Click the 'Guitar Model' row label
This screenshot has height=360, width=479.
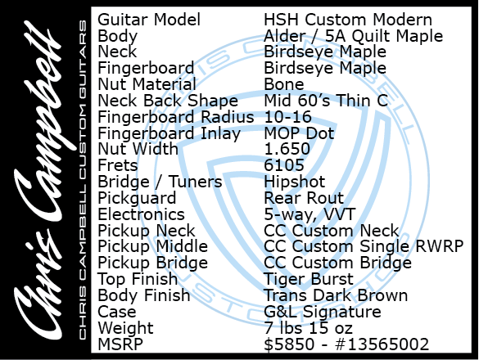click(149, 20)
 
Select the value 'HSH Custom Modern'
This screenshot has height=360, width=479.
click(348, 20)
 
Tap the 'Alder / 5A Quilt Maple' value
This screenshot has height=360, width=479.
click(353, 36)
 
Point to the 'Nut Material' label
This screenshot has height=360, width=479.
click(147, 84)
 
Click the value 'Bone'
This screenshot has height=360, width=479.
click(284, 84)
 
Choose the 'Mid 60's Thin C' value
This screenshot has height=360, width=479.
click(326, 101)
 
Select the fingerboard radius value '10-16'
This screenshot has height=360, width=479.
click(287, 117)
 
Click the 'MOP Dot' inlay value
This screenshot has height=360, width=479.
click(299, 133)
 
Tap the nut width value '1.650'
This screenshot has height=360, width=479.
click(287, 149)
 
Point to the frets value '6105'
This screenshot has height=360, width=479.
click(284, 165)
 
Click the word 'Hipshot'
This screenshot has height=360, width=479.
click(295, 182)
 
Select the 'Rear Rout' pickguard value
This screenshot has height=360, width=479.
click(304, 198)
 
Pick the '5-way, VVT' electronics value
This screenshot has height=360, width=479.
click(310, 214)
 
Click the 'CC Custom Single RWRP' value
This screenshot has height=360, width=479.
click(364, 247)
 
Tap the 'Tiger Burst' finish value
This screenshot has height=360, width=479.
click(309, 279)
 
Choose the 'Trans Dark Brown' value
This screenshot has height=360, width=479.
click(336, 295)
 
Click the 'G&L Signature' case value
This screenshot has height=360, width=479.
click(323, 312)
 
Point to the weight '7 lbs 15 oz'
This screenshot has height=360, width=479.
click(308, 328)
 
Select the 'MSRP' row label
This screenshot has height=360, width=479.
click(120, 344)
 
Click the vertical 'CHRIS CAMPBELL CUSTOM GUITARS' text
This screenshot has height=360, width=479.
click(83, 179)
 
